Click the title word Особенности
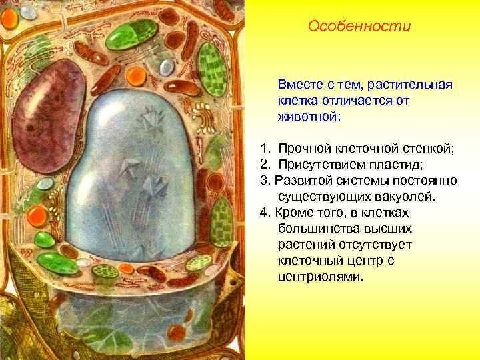(360, 27)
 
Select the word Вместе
(300, 85)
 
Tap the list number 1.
(265, 149)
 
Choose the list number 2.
(265, 164)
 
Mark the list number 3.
(265, 180)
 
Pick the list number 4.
(265, 212)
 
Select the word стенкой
(430, 149)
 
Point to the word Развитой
(302, 180)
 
